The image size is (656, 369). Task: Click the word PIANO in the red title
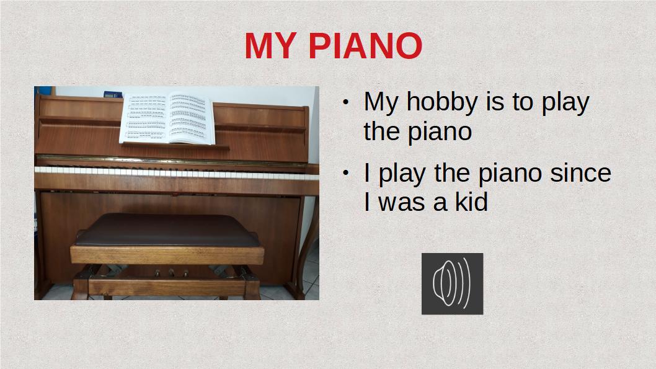[365, 46]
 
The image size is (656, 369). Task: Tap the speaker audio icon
[452, 283]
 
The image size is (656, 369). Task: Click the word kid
[471, 202]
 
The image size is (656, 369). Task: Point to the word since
[580, 173]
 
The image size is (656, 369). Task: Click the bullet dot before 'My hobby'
[345, 102]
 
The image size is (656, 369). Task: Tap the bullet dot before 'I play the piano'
[345, 172]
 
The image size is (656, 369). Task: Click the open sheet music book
[167, 118]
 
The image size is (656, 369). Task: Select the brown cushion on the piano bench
[167, 229]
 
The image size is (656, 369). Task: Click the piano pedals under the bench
[171, 273]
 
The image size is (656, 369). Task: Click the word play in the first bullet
[565, 103]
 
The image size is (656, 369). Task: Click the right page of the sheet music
[191, 118]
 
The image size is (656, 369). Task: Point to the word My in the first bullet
[381, 103]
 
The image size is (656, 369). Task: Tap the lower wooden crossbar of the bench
[167, 287]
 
